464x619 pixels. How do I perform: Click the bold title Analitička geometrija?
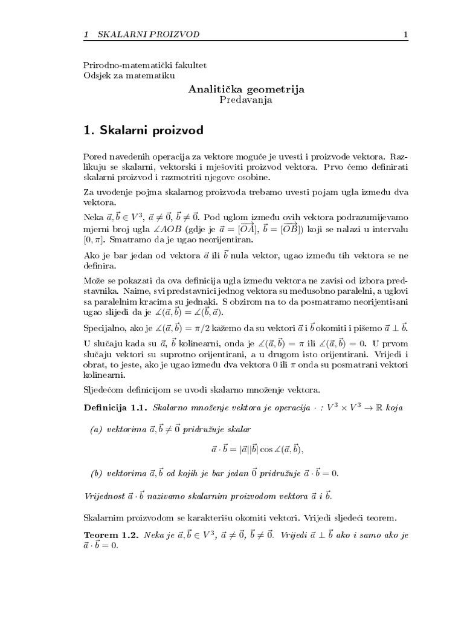(246, 89)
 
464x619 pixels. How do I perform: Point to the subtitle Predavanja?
(246, 100)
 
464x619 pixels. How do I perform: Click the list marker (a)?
(96, 429)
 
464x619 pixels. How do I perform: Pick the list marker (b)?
(96, 472)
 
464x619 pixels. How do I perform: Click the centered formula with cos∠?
(257, 450)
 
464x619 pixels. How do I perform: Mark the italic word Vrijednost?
(103, 496)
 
